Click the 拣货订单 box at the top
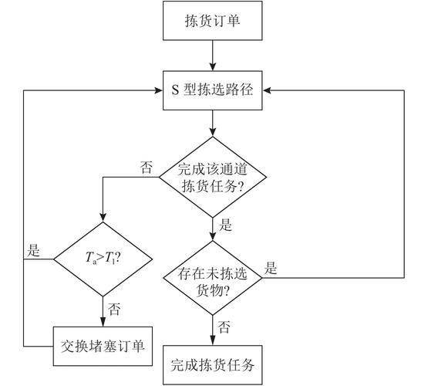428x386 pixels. click(x=213, y=22)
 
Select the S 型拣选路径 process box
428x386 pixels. click(x=213, y=90)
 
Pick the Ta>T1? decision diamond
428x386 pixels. click(x=103, y=259)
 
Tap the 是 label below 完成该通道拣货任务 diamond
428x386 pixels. click(x=226, y=226)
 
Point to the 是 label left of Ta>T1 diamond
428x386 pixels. click(x=33, y=250)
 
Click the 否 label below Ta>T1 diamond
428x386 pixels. click(x=114, y=309)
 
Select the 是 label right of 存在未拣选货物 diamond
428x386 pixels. click(x=271, y=269)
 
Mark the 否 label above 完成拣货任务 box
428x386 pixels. click(x=224, y=327)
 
